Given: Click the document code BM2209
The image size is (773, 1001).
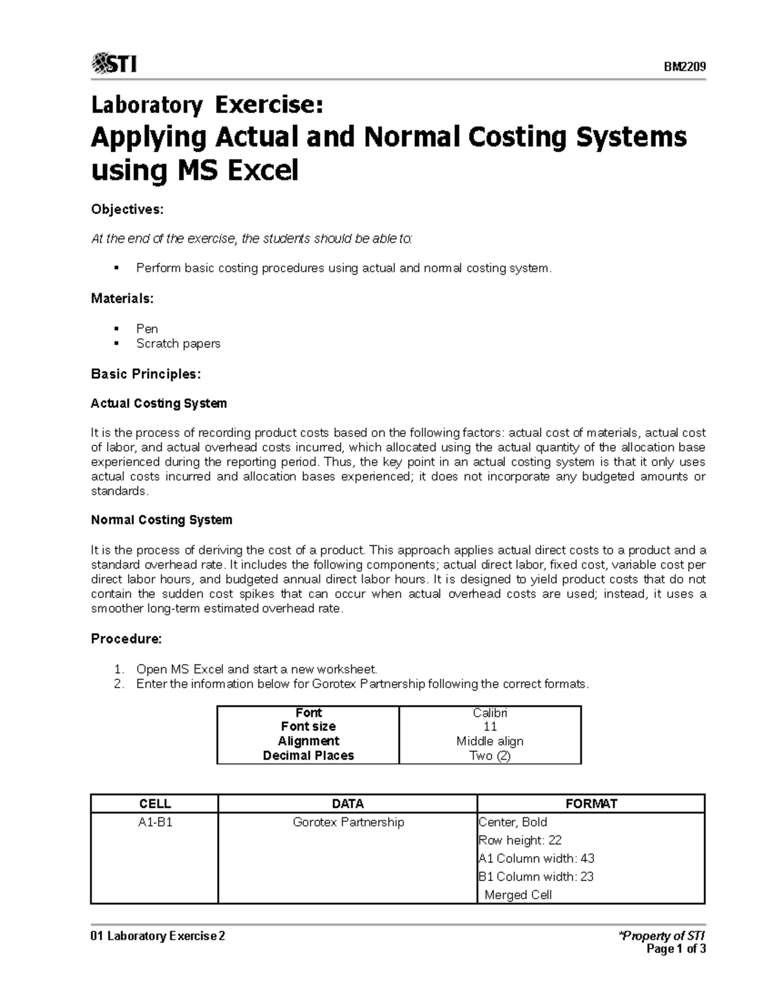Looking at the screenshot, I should tap(685, 67).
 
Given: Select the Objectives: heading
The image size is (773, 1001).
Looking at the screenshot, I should tap(127, 209).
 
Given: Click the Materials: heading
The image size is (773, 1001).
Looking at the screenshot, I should tap(122, 298).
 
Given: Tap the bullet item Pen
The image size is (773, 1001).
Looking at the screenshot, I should tap(147, 329).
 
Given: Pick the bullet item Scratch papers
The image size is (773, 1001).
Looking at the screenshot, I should tap(178, 344).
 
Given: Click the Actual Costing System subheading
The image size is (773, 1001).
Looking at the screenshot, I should tap(158, 403).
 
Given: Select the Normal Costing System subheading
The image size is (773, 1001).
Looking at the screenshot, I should tap(161, 520).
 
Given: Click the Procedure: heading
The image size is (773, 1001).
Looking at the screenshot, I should tap(126, 639).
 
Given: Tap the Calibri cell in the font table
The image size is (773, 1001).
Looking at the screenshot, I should tap(490, 713).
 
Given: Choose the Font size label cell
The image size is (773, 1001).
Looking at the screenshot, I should tap(308, 726).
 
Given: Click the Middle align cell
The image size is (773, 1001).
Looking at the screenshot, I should tap(490, 741).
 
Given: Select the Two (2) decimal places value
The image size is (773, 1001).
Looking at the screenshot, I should tap(490, 755).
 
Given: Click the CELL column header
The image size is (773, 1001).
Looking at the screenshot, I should tap(155, 804).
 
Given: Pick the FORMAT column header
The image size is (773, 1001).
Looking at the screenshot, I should tap(591, 804).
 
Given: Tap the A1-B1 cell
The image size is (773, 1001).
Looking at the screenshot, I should tap(155, 822).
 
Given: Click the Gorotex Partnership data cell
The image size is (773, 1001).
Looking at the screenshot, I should tap(348, 822).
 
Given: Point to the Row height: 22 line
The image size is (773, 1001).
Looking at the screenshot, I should tap(520, 841).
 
